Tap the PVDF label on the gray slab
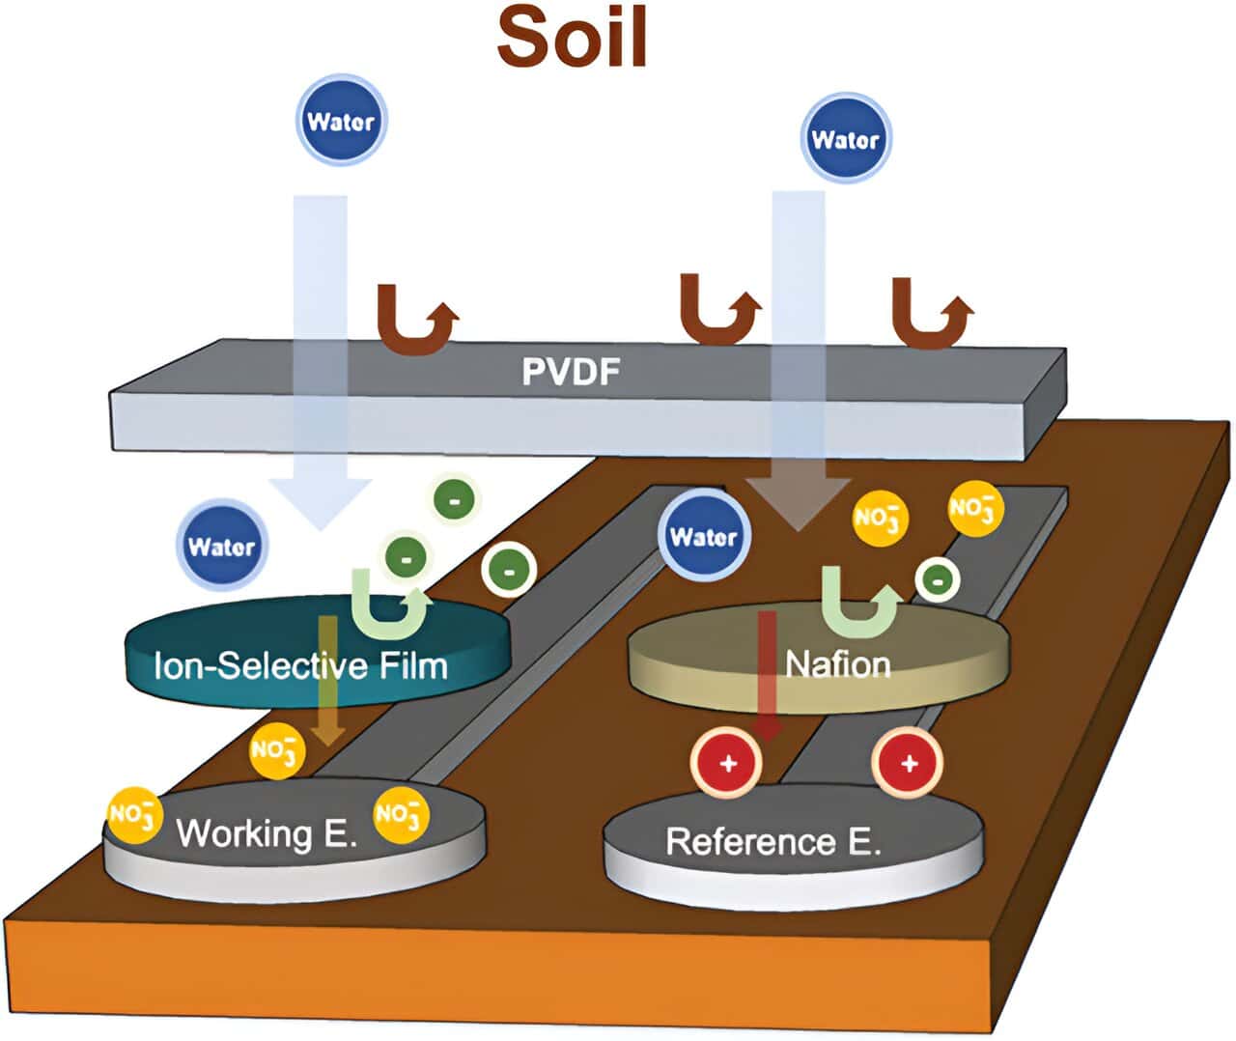570,372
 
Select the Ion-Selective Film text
300,665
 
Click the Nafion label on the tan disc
837,664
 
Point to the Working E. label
267,832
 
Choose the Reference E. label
773,841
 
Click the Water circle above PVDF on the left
341,122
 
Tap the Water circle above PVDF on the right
845,140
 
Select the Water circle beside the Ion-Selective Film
222,547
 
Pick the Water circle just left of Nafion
703,537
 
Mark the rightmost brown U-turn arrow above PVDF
931,313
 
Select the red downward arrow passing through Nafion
768,676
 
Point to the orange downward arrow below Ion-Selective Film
329,681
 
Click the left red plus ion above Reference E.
727,763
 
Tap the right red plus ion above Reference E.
908,763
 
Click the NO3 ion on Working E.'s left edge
132,815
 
